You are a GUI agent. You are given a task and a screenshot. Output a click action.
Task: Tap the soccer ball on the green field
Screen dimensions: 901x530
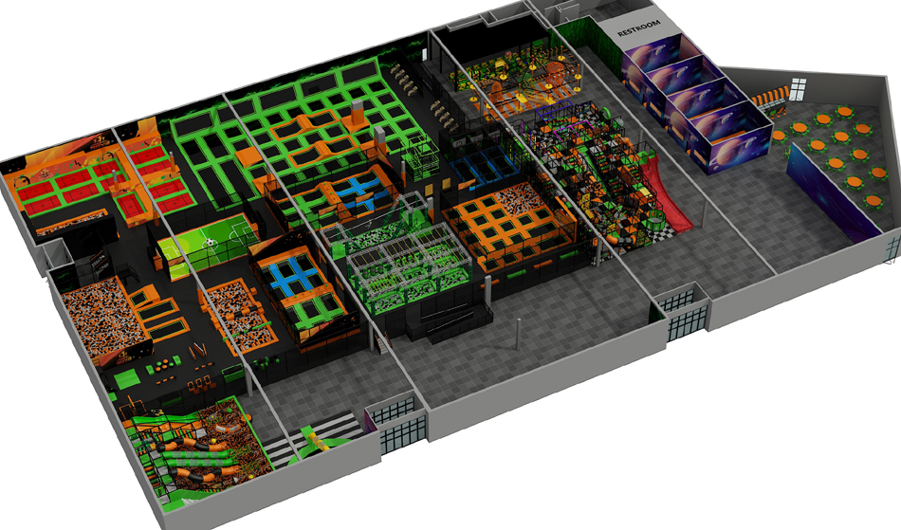pos(211,243)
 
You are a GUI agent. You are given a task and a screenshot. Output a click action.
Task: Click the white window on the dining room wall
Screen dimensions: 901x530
pos(798,89)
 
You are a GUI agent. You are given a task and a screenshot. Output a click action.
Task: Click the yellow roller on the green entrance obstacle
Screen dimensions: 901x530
pos(314,441)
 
